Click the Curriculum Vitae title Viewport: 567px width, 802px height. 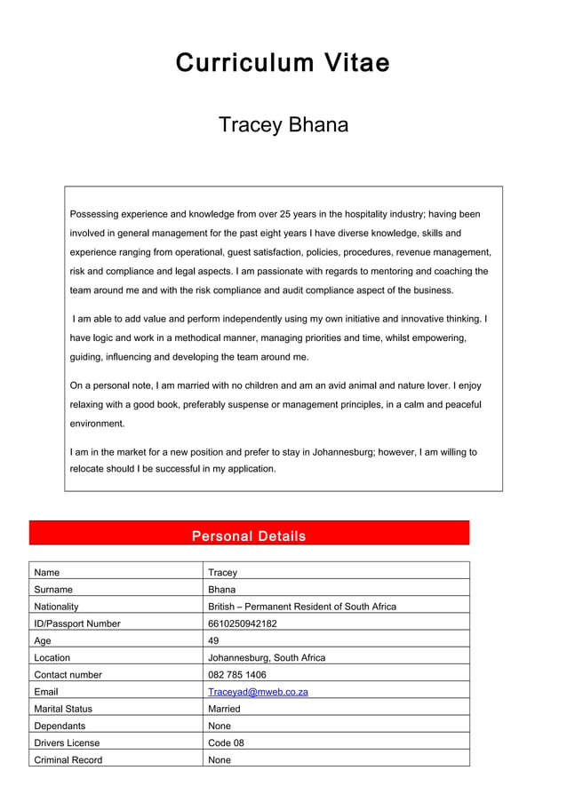click(283, 63)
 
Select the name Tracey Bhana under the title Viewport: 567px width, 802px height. click(283, 125)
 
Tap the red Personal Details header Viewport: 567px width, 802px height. click(249, 536)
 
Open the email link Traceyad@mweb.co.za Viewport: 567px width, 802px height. click(258, 692)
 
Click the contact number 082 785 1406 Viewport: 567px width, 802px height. click(236, 675)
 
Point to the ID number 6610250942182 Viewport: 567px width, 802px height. click(242, 623)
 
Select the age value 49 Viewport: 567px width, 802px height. click(214, 640)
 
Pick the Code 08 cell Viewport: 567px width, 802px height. click(226, 742)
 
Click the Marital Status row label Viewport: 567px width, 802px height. click(63, 709)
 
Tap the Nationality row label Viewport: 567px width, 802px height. click(56, 607)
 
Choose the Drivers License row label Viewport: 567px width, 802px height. click(67, 742)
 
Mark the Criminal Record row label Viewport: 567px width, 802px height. click(68, 759)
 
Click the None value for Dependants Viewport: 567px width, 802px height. click(220, 726)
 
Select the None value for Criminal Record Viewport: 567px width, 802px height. click(220, 759)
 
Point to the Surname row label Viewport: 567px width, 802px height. click(53, 590)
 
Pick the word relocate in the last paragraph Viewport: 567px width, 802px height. click(89, 469)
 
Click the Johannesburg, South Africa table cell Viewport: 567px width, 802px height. click(267, 658)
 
